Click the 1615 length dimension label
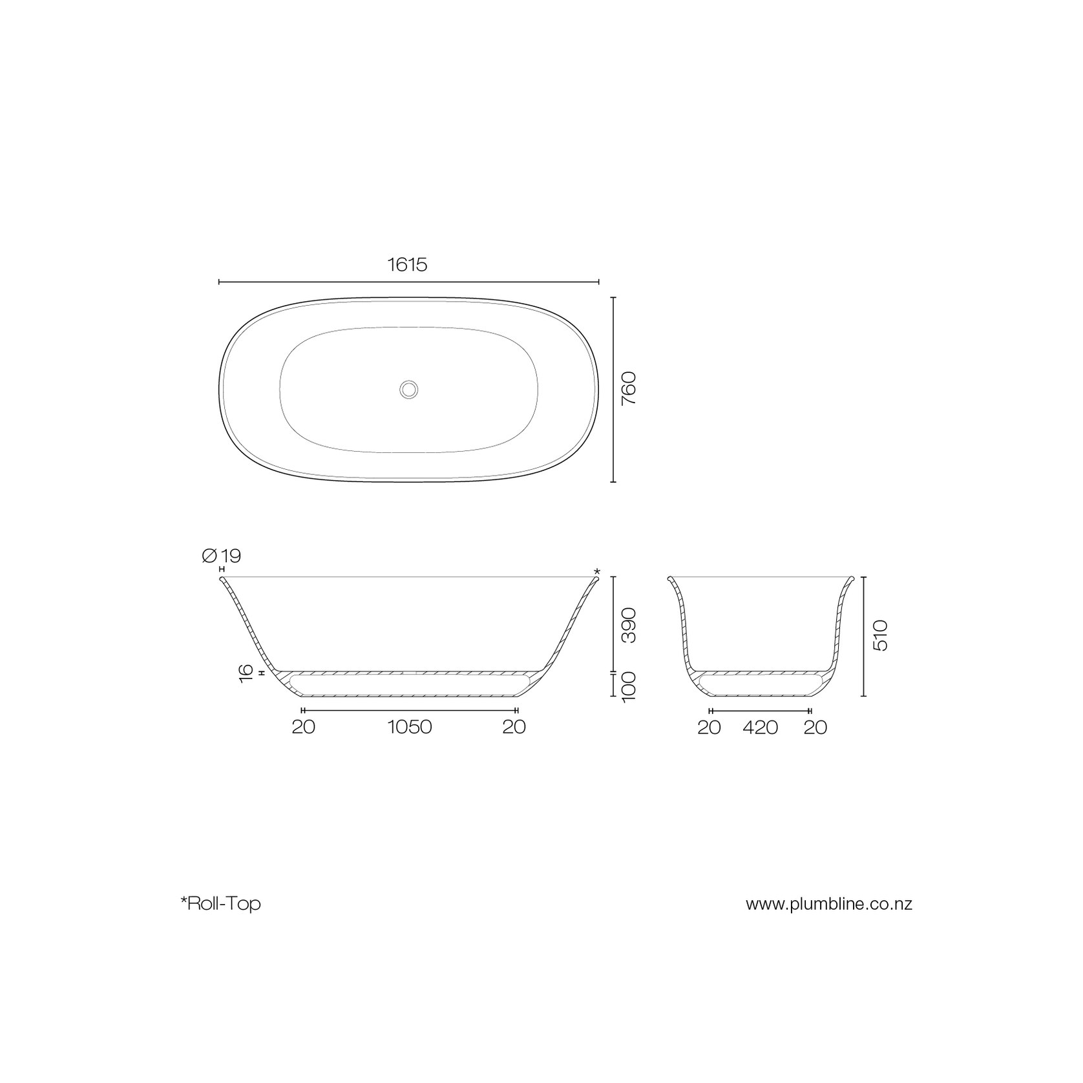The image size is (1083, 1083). coord(407,264)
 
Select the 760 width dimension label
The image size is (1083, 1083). coord(629,388)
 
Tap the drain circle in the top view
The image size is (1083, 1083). coord(408,389)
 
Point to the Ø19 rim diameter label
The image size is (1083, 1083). coord(222,555)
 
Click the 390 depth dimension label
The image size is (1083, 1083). coord(629,625)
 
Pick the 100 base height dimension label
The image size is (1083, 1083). coord(629,686)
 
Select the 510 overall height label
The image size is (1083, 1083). coord(880,635)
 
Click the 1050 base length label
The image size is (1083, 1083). coord(410,727)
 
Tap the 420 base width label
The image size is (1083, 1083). coord(760,728)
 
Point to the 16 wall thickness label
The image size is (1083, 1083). coord(246,673)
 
